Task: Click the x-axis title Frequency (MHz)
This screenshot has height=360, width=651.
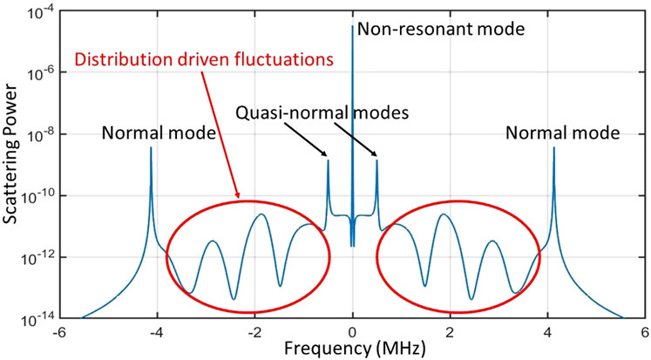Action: [x=352, y=348]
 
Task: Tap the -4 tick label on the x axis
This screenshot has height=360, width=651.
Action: [x=157, y=332]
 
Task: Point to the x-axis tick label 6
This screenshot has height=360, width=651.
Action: [x=644, y=332]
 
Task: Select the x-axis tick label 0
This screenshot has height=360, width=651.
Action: [x=352, y=332]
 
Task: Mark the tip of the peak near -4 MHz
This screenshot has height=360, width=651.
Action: [x=151, y=148]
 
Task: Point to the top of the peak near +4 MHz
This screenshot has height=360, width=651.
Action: [x=553, y=148]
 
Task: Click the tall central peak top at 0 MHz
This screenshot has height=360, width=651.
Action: [x=352, y=26]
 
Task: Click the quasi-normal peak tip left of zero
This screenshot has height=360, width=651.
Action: [x=328, y=160]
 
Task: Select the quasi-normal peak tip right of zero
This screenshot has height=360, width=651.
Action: [x=376, y=160]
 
